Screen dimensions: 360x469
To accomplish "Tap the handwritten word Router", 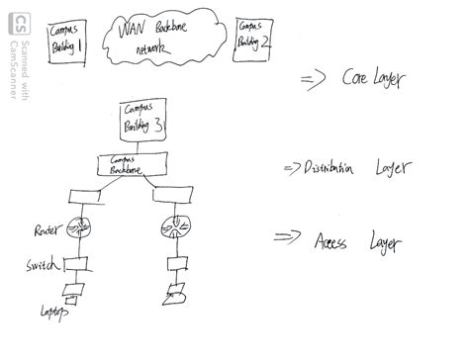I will [45, 229].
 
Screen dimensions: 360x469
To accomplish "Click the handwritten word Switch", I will [42, 268].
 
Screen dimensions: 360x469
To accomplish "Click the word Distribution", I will [328, 168].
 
